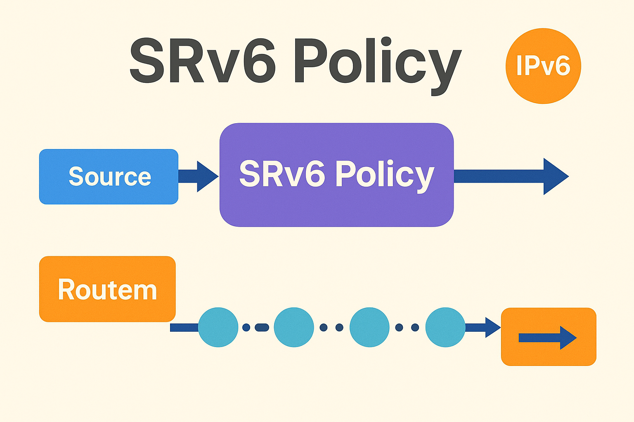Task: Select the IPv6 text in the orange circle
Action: pyautogui.click(x=543, y=66)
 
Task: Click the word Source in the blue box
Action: pyautogui.click(x=110, y=176)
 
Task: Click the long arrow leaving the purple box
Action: pyautogui.click(x=512, y=176)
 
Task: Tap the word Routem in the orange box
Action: pyautogui.click(x=107, y=289)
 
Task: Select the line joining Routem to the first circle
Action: pyautogui.click(x=184, y=328)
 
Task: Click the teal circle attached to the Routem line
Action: pyautogui.click(x=218, y=327)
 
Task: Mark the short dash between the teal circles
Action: pyautogui.click(x=262, y=328)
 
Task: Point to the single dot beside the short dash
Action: pyautogui.click(x=246, y=328)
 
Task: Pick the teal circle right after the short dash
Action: pyautogui.click(x=294, y=327)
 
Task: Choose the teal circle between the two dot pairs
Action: pyautogui.click(x=369, y=327)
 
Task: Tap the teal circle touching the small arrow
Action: pyautogui.click(x=445, y=327)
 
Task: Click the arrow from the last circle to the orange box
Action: pyautogui.click(x=483, y=328)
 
